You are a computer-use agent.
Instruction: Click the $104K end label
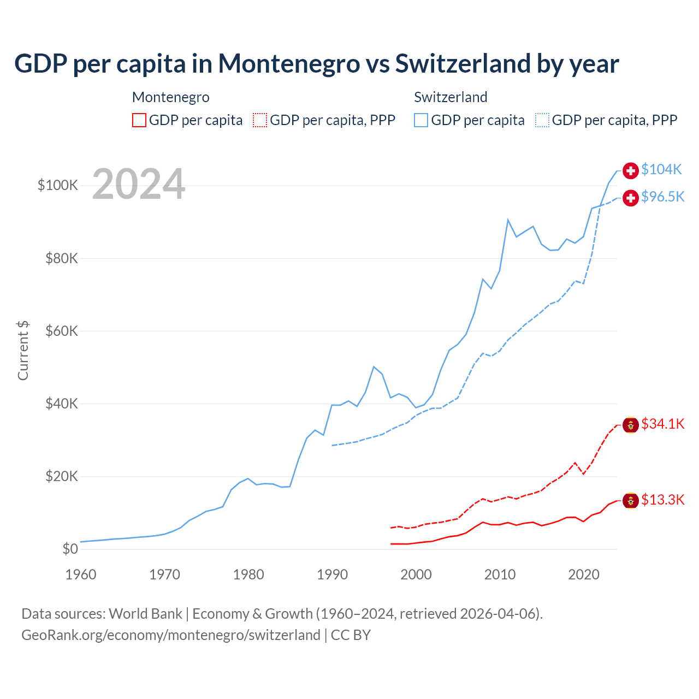(x=661, y=170)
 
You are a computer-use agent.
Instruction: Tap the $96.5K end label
(x=662, y=197)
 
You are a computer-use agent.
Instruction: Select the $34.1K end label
(x=662, y=424)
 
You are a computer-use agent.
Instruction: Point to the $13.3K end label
(x=662, y=500)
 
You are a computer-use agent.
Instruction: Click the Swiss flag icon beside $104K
(x=631, y=170)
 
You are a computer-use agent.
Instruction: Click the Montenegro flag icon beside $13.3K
(x=631, y=500)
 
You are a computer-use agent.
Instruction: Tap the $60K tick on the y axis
(x=62, y=331)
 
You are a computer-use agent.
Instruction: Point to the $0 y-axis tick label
(x=70, y=549)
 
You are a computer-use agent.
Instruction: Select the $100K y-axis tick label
(x=58, y=185)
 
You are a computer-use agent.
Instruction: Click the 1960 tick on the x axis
(x=81, y=574)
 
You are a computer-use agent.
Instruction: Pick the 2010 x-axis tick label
(x=500, y=574)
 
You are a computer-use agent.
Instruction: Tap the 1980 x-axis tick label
(x=248, y=574)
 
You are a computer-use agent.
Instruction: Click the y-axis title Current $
(x=23, y=351)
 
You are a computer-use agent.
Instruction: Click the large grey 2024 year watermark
(x=139, y=184)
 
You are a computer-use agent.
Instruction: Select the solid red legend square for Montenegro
(x=139, y=120)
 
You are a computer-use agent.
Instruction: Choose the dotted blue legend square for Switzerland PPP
(x=542, y=120)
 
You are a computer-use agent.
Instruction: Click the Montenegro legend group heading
(x=171, y=97)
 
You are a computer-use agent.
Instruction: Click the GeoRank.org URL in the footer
(x=171, y=635)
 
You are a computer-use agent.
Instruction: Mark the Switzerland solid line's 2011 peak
(x=508, y=220)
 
